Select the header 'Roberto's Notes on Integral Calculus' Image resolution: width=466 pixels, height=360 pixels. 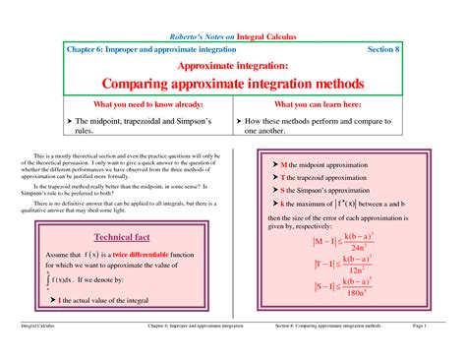(233, 35)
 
